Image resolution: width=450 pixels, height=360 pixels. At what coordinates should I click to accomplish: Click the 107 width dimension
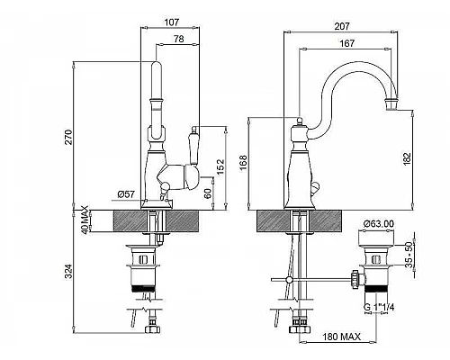(172, 22)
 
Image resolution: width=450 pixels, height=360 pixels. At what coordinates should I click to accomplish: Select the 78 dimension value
(179, 39)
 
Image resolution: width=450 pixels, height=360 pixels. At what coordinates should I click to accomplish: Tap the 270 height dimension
(69, 137)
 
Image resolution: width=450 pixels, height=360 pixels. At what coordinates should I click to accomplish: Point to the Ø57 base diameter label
(126, 194)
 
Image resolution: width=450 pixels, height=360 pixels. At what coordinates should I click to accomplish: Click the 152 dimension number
(220, 166)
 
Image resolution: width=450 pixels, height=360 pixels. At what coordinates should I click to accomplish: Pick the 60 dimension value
(207, 193)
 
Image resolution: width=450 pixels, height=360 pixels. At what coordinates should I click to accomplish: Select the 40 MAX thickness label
(85, 220)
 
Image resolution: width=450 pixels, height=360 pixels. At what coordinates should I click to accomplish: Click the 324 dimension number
(69, 272)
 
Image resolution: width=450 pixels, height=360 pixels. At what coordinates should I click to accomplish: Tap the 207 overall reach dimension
(342, 26)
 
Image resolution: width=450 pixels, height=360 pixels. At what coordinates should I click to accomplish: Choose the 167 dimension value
(346, 43)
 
